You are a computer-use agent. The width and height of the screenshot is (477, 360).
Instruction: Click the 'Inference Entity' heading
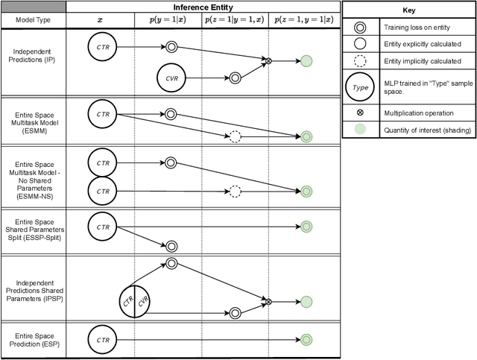click(203, 6)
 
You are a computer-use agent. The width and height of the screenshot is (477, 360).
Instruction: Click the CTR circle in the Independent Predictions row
click(103, 46)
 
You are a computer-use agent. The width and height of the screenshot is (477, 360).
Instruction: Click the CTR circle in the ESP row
click(103, 340)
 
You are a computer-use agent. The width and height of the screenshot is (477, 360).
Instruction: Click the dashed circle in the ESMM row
click(235, 136)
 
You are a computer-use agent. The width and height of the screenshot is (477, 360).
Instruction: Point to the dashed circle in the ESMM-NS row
click(235, 192)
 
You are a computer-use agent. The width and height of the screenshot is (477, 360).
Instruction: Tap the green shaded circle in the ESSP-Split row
click(306, 227)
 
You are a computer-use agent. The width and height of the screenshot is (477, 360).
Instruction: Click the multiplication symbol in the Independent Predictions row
click(268, 60)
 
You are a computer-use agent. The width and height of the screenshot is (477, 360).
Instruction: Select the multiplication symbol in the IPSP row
click(268, 301)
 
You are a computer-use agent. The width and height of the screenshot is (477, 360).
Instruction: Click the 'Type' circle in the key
click(360, 87)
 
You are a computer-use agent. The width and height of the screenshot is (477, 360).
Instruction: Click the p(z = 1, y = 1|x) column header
click(305, 20)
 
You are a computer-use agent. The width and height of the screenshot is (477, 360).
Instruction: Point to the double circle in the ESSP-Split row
click(171, 245)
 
